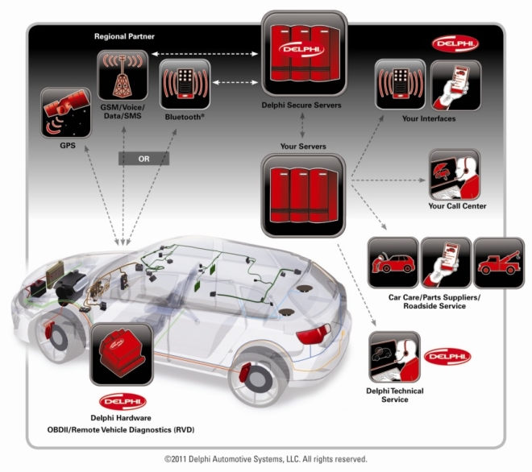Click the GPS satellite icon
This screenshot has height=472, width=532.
(x=66, y=113)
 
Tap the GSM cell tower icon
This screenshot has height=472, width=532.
(x=123, y=75)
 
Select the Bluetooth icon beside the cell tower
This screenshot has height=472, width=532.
(x=185, y=84)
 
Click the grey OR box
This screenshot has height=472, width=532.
(x=143, y=159)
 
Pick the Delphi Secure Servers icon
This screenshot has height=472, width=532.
(x=304, y=54)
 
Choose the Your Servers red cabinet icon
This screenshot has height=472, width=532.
(x=303, y=195)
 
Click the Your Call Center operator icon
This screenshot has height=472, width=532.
(x=455, y=174)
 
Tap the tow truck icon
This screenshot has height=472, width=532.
(x=499, y=263)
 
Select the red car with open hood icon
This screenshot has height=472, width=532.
(x=393, y=263)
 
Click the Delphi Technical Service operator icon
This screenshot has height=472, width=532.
(x=395, y=358)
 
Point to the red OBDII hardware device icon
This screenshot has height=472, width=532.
(x=122, y=354)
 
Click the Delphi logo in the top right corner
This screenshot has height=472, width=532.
(x=455, y=43)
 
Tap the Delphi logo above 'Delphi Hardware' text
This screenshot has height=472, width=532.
(x=123, y=402)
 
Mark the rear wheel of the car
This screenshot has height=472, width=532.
(x=258, y=379)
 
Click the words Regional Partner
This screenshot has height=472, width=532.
(x=124, y=36)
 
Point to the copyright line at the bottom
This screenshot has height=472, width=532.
(x=266, y=459)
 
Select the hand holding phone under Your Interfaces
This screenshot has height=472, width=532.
(x=455, y=85)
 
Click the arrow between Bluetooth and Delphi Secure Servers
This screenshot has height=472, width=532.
(x=235, y=82)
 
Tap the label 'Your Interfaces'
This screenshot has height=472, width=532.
(x=429, y=118)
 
